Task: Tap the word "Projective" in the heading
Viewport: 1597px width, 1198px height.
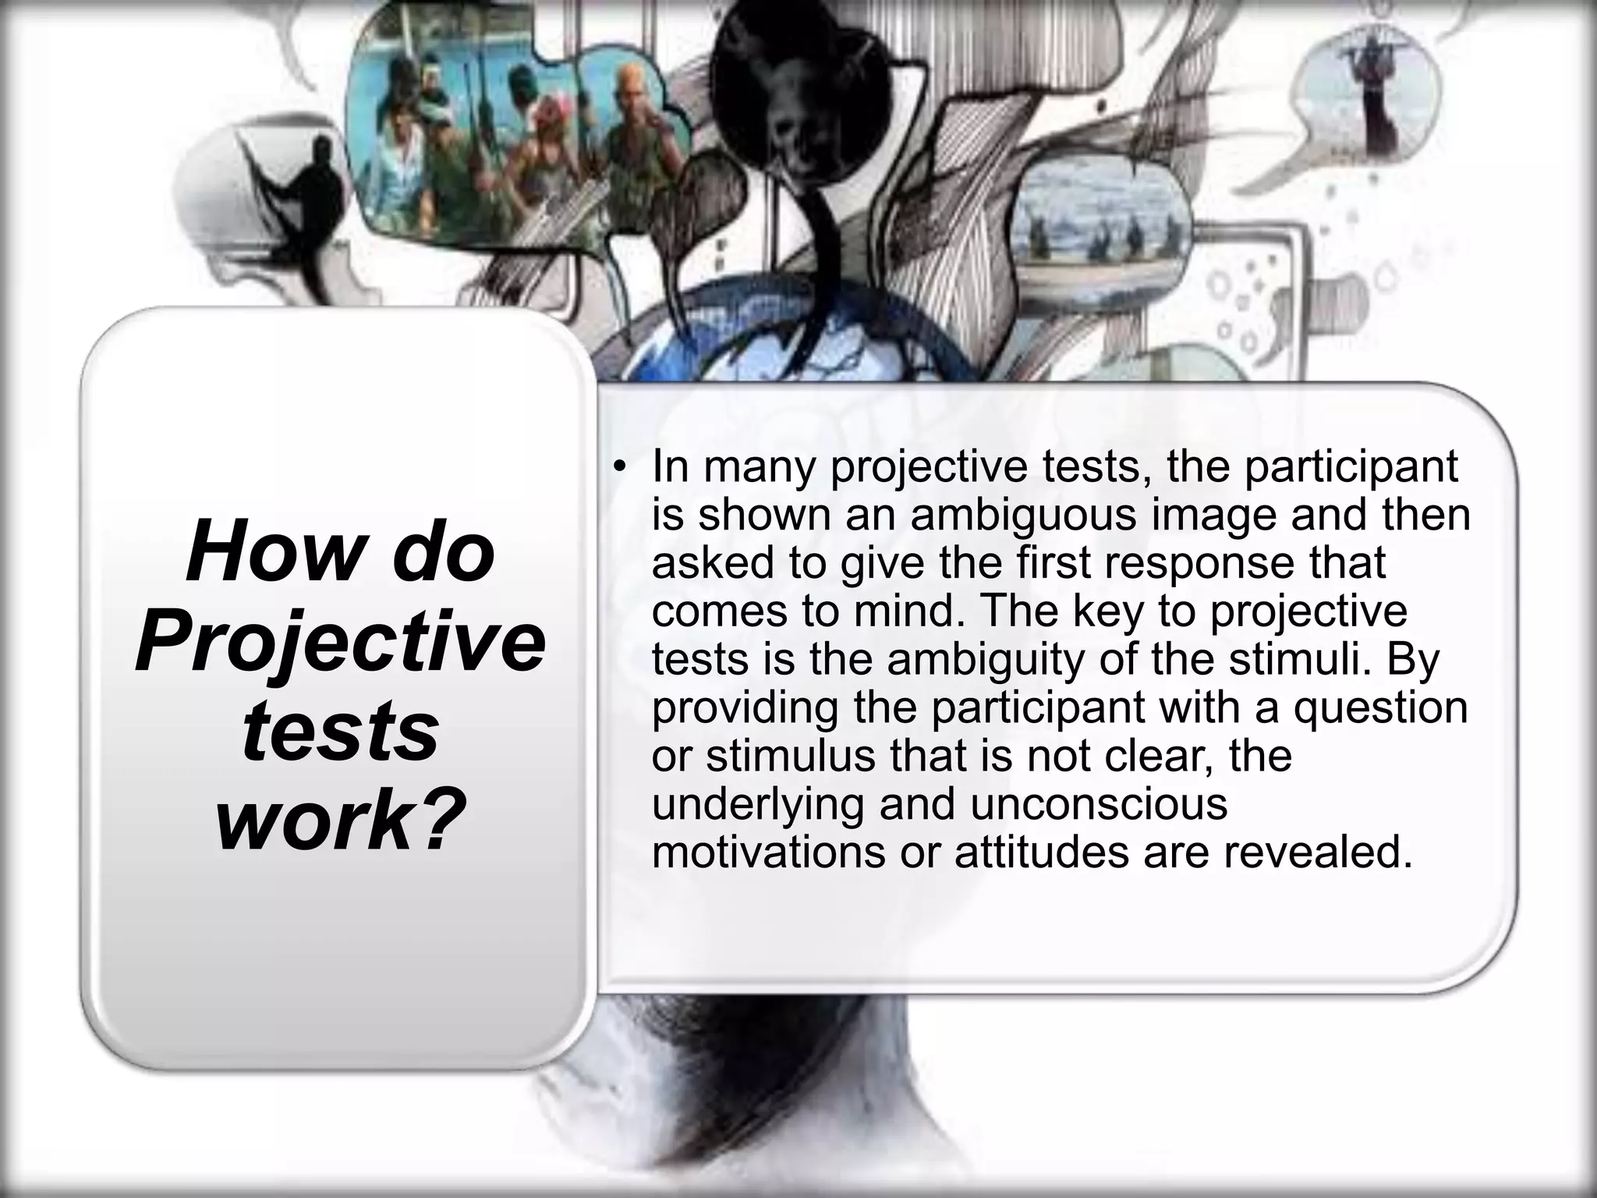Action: pyautogui.click(x=340, y=643)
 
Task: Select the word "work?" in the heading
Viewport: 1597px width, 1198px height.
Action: pyautogui.click(x=340, y=818)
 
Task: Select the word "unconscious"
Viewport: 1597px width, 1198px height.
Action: pyautogui.click(x=1099, y=804)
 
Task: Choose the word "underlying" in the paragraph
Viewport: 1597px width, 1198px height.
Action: pyautogui.click(x=758, y=804)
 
